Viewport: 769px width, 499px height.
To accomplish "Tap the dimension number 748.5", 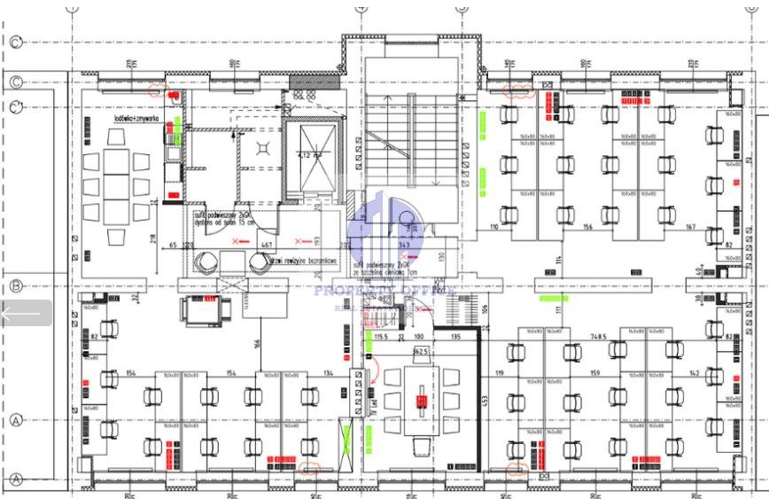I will point(598,338).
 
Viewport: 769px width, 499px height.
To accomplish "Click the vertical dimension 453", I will point(485,400).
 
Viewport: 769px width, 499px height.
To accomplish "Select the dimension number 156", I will point(587,228).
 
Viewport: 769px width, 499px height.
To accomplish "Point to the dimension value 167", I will point(690,228).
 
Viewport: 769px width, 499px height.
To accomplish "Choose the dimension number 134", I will point(329,373).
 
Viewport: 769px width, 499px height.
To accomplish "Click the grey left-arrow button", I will point(26,313).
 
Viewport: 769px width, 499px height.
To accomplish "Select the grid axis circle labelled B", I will point(15,286).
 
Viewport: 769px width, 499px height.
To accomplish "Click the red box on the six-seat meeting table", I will point(422,402).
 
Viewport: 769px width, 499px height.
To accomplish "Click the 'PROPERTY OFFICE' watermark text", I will point(384,290).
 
